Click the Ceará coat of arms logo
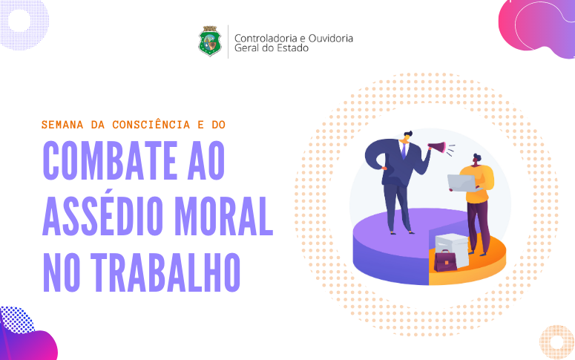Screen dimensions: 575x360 pos(210,41)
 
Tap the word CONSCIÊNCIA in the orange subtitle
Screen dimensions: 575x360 pos(151,125)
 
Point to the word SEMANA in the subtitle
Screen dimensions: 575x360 pos(62,125)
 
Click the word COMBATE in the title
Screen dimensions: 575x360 pos(110,160)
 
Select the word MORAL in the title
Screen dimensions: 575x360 pos(223,216)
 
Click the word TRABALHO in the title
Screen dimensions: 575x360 pos(165,272)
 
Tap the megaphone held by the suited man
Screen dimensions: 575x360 pos(437,148)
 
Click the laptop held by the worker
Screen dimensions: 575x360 pos(462,183)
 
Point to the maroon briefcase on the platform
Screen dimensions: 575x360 pos(445,261)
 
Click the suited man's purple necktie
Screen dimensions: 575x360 pos(404,151)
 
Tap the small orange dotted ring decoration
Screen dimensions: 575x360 pos(556,342)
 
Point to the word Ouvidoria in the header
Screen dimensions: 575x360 pos(330,38)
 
